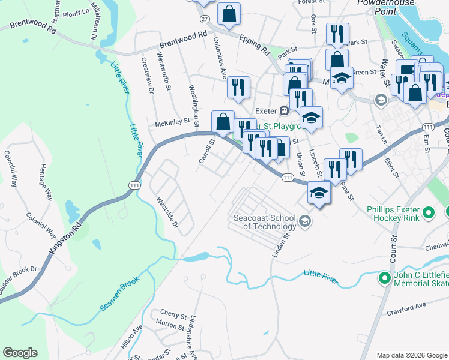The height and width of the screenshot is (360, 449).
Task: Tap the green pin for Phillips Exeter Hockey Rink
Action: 429,212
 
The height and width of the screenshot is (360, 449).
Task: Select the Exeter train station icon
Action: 284,111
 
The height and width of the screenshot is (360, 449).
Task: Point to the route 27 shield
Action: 205,20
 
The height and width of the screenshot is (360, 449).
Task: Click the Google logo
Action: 20,353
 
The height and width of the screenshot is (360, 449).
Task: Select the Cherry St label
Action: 173,313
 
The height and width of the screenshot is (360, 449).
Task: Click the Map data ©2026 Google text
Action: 411,355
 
